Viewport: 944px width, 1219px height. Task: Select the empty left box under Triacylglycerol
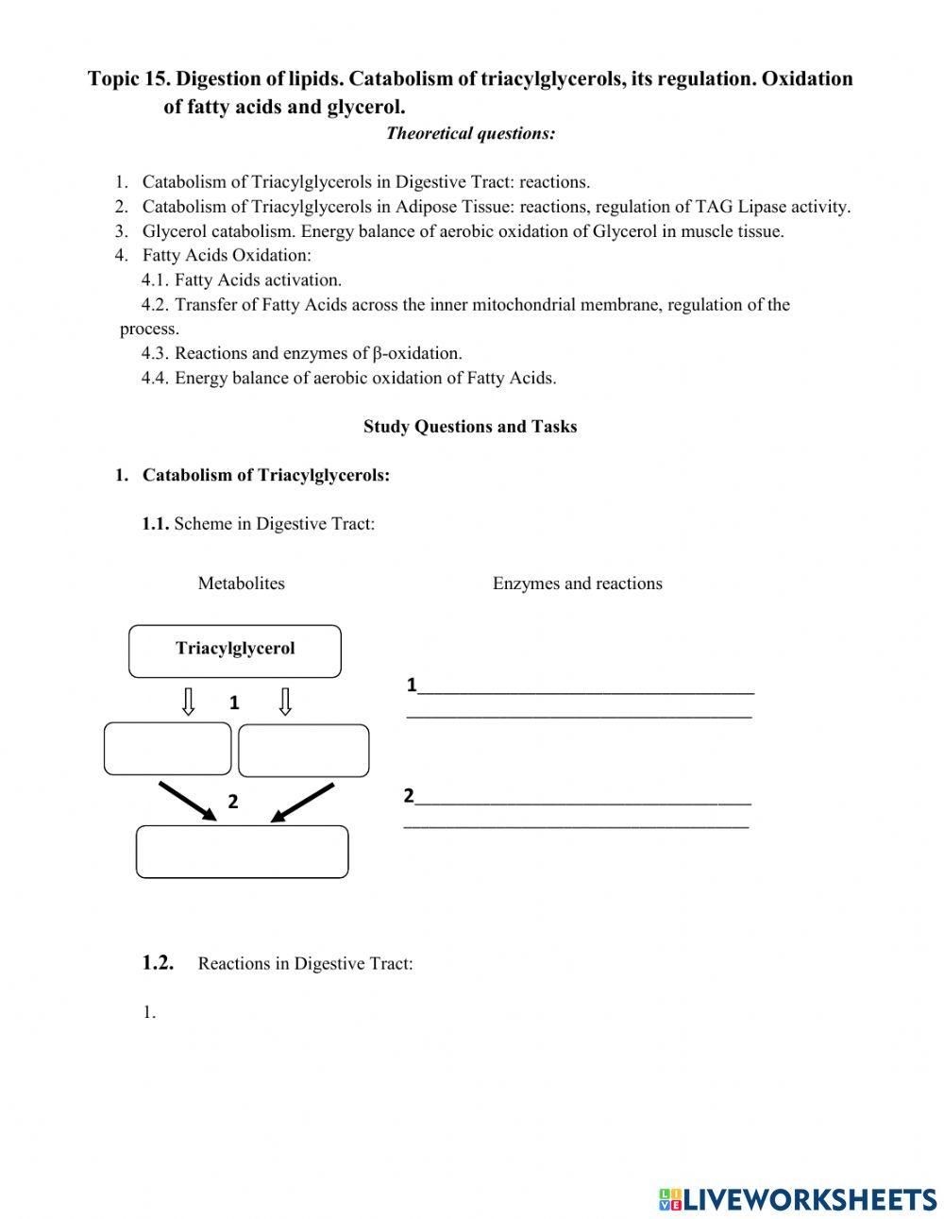(167, 749)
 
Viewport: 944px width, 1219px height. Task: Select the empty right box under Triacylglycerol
(303, 751)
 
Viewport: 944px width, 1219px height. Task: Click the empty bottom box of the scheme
(242, 852)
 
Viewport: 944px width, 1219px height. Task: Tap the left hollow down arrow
(189, 702)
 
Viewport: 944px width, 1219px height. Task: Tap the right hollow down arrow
(284, 702)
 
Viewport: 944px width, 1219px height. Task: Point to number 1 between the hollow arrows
(235, 703)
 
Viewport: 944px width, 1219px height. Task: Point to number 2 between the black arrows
(233, 802)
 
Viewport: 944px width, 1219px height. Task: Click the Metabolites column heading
(241, 584)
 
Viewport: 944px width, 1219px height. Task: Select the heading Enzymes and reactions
(577, 584)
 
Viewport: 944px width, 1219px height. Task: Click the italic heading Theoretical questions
(470, 133)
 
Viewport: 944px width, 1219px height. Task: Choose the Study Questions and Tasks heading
(470, 427)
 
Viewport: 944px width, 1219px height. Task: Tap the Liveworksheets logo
(798, 1198)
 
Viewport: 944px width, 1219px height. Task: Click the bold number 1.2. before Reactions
(159, 963)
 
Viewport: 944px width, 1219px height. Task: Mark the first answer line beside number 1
(585, 690)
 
